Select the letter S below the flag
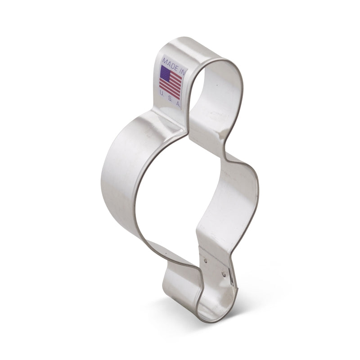pos(170,98)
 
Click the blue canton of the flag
pos(166,72)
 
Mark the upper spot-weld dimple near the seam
pos(205,260)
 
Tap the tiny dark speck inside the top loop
pos(216,84)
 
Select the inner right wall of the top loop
pos(225,108)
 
